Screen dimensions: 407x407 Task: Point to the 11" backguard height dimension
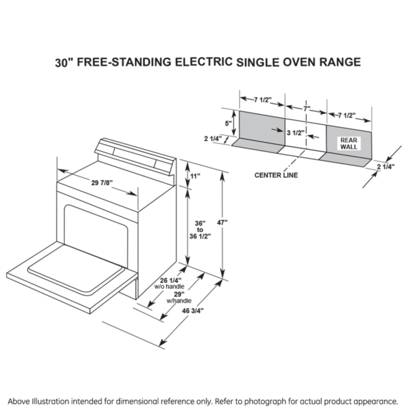click(195, 176)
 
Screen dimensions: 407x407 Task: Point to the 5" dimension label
click(228, 123)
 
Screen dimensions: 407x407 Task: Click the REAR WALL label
click(348, 142)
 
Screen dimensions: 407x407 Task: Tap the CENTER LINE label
click(275, 175)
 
